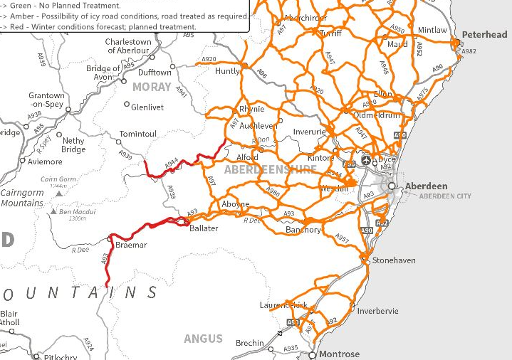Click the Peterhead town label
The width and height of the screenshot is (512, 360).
[484, 34]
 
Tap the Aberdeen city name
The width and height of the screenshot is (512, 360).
[426, 186]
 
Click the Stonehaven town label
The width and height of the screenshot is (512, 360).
[393, 260]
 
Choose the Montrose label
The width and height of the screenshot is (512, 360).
[339, 354]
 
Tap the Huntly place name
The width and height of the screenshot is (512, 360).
[228, 71]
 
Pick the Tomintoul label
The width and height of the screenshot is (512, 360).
[137, 134]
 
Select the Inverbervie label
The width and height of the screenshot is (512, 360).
[378, 311]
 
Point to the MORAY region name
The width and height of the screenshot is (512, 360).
[152, 87]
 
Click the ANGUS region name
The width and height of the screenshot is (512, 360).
[204, 339]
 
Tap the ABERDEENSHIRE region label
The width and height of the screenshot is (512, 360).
[270, 169]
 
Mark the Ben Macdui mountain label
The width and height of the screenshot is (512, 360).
[77, 211]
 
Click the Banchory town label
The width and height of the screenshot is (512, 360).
[304, 230]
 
